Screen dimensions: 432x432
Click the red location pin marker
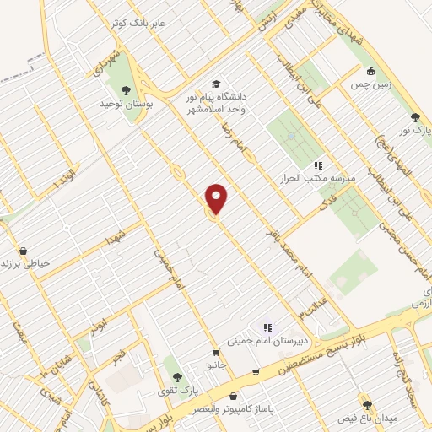(x=217, y=198)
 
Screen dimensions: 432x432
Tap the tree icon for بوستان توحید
(x=127, y=90)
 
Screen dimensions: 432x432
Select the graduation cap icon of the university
(x=217, y=84)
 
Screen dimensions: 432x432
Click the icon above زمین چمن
(x=370, y=72)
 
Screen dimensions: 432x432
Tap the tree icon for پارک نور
(x=414, y=117)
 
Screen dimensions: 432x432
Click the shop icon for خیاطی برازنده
(x=22, y=251)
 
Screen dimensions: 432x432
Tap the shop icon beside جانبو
(x=217, y=352)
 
